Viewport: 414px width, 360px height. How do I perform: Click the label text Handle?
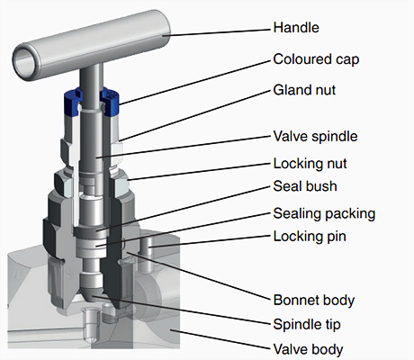(296, 28)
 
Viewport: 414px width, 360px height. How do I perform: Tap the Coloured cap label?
(316, 59)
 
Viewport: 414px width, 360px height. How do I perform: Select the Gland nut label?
(304, 90)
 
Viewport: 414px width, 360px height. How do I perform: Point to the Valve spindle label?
(315, 137)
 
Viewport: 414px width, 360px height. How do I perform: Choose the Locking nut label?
(310, 164)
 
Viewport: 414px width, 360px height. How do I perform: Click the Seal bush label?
(305, 186)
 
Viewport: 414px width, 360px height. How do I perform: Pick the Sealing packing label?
(324, 214)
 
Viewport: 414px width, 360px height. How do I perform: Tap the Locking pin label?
(310, 237)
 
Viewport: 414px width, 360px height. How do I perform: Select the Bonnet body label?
(314, 301)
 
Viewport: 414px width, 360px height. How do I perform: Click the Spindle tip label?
(307, 325)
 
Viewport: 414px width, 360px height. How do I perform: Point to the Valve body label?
(308, 349)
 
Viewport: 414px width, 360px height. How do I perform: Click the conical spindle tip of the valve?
(91, 295)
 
